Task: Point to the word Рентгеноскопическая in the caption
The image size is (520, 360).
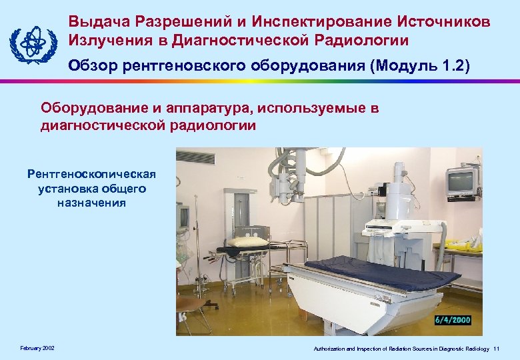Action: coord(91,175)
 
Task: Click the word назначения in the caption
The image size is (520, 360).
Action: coord(91,202)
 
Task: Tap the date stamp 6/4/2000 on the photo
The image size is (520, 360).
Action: coord(453,320)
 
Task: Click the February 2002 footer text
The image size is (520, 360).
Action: coord(37,349)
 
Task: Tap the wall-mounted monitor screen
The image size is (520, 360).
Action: coord(462,181)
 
